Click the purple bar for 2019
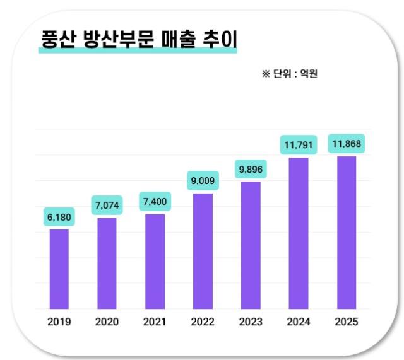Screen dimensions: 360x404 59,269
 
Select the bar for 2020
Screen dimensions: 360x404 107,264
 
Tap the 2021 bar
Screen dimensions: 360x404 155,262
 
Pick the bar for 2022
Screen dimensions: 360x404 203,252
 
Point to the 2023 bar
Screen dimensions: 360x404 251,245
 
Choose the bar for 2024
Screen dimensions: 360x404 299,233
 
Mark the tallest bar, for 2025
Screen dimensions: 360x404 347,233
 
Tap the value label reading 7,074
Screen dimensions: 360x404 107,206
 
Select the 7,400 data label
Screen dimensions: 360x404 155,202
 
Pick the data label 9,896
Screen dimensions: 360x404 251,170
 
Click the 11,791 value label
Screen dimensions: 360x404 299,146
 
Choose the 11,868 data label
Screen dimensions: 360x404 347,144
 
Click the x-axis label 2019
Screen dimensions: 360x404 59,322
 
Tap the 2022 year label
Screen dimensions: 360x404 203,322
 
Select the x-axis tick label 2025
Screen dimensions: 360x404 347,322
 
